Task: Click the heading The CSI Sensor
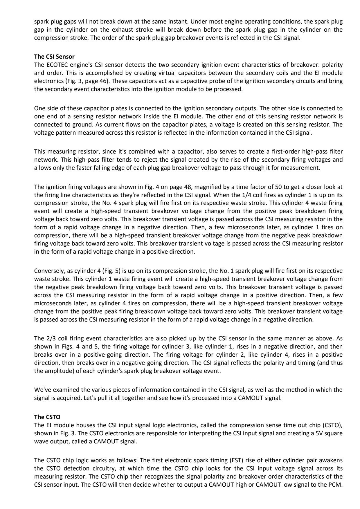pyautogui.click(x=54, y=57)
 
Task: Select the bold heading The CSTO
pyautogui.click(x=47, y=417)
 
